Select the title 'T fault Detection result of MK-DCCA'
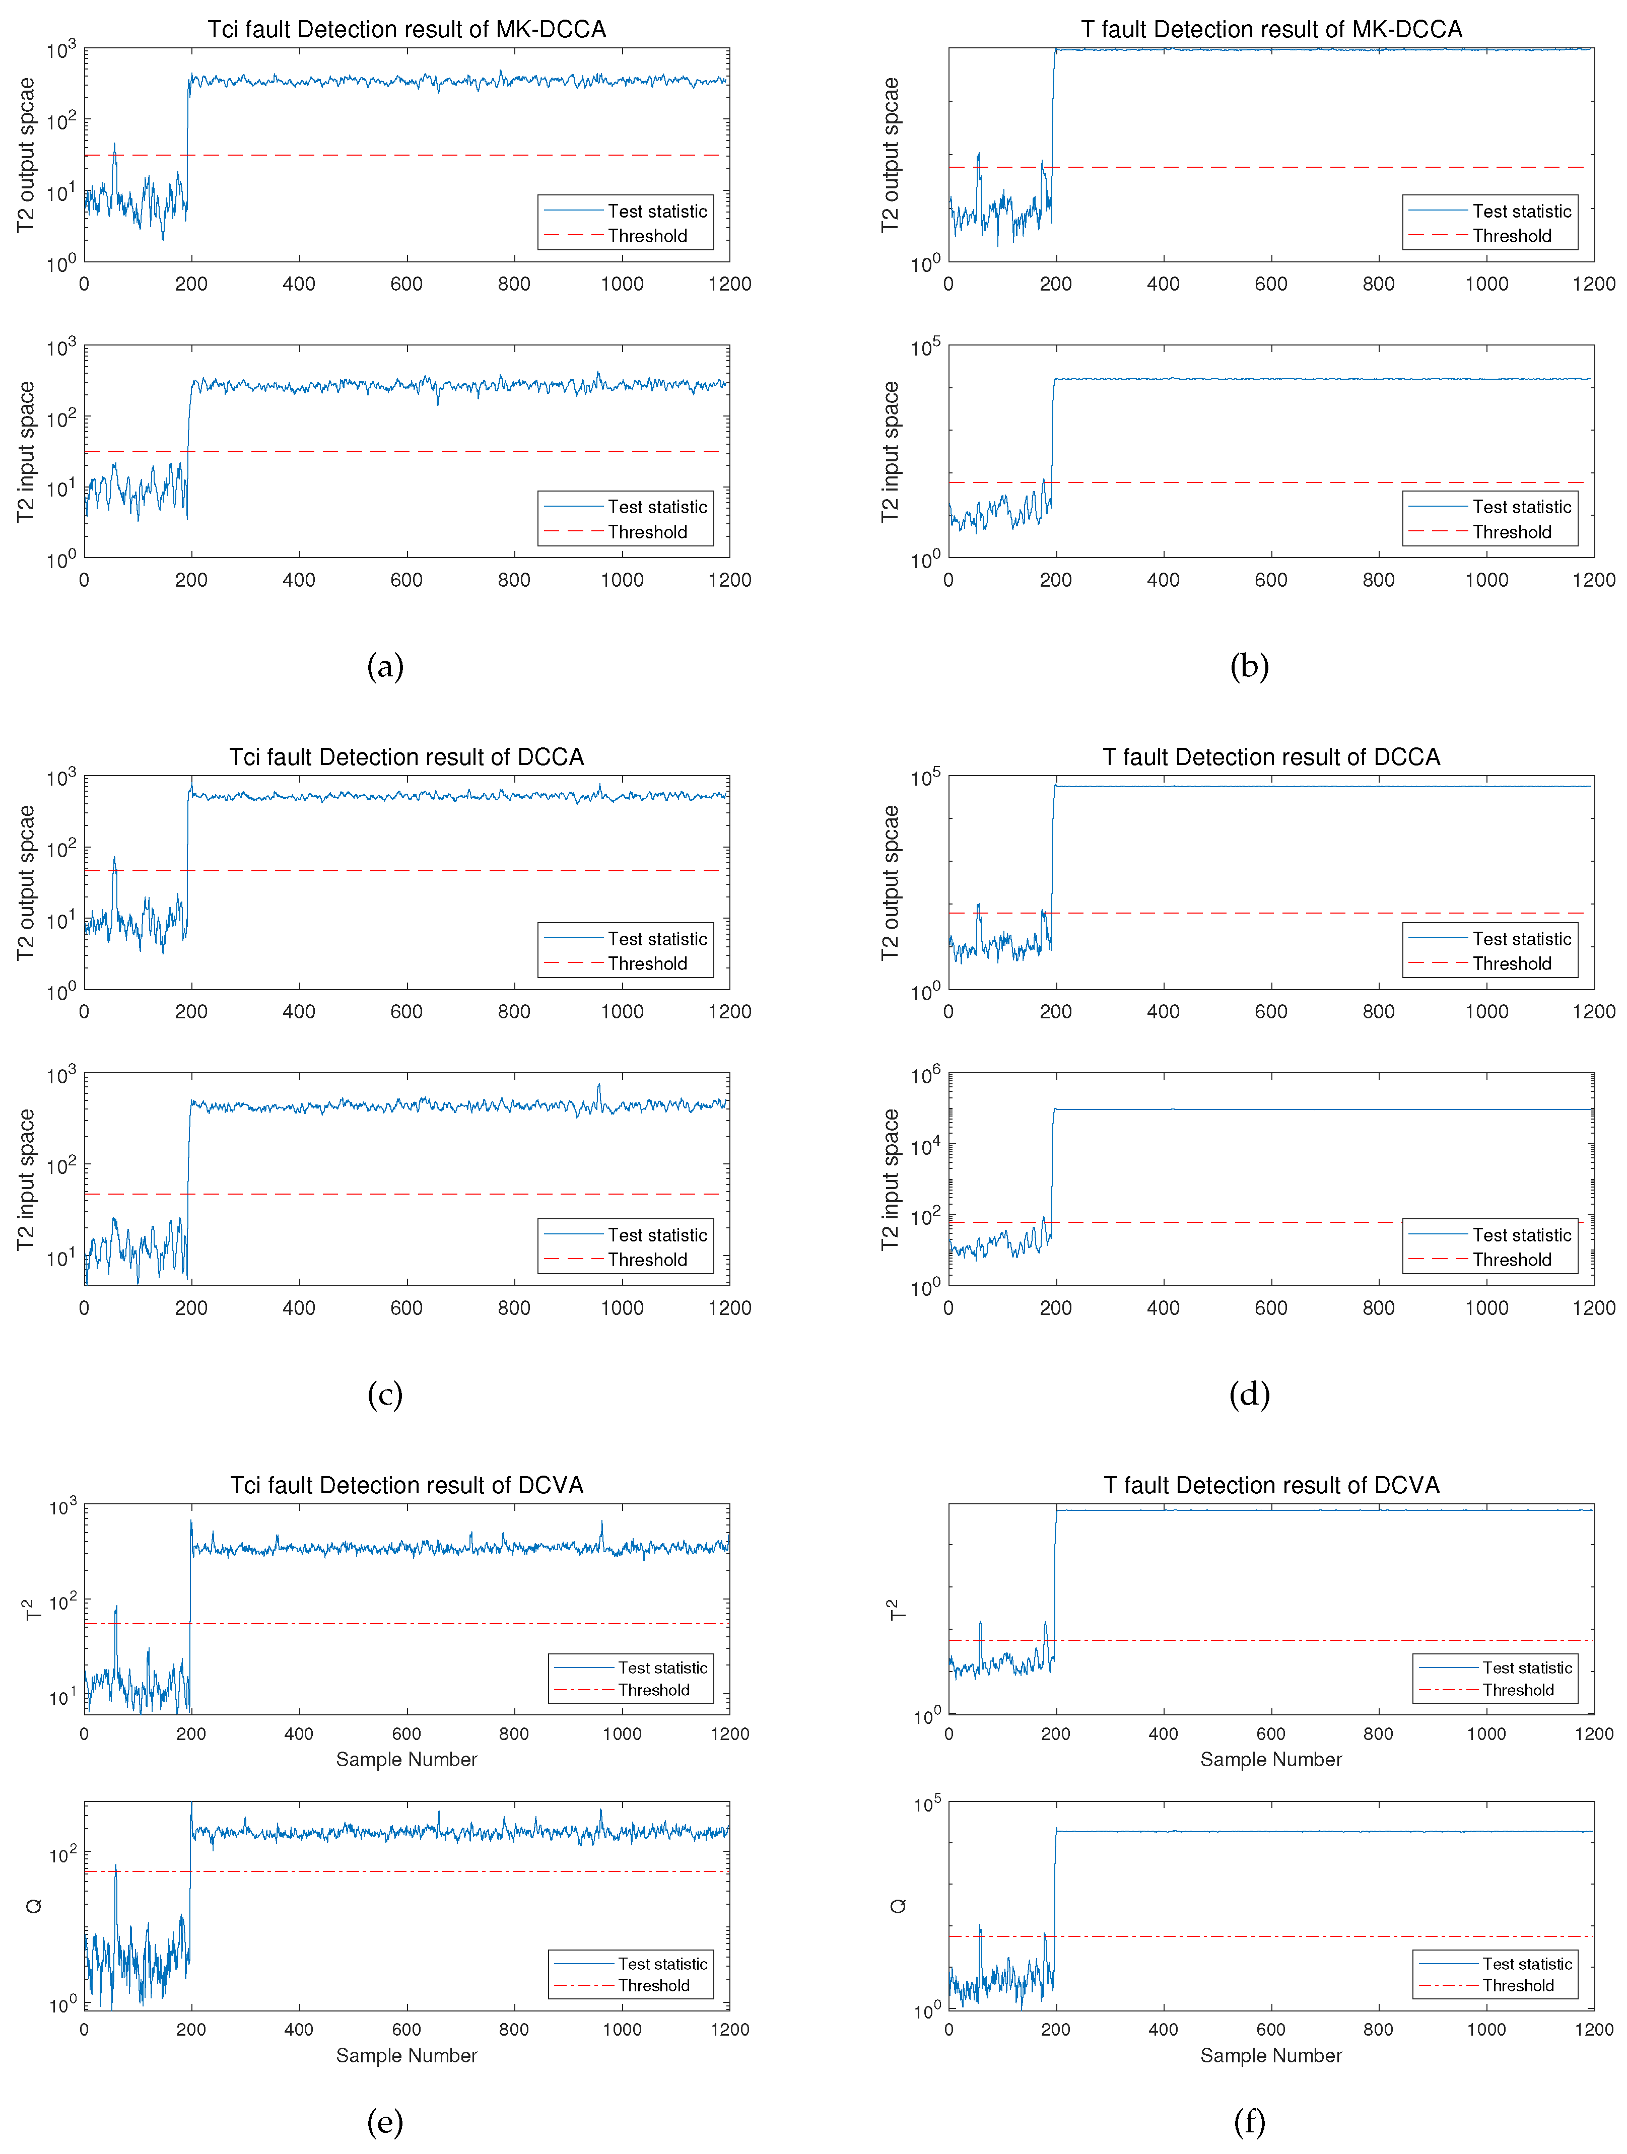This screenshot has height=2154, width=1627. tap(1271, 29)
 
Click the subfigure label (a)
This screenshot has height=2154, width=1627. tap(385, 666)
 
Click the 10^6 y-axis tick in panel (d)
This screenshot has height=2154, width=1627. tap(925, 1075)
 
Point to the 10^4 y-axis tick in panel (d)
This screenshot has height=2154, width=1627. tap(925, 1146)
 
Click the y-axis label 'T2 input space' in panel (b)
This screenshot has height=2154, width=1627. tap(890, 452)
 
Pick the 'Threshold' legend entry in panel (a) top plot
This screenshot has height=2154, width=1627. tap(647, 236)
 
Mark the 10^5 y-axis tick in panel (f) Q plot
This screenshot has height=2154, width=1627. tap(927, 1804)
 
